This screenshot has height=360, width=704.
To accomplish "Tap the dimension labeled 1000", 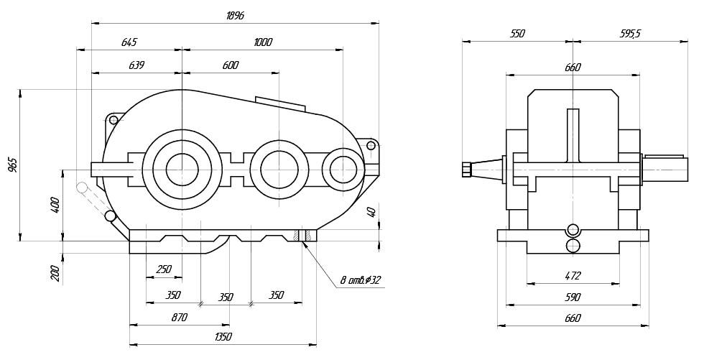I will (263, 42).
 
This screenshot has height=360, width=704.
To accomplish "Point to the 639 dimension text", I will (136, 65).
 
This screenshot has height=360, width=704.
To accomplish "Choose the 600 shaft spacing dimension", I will (231, 65).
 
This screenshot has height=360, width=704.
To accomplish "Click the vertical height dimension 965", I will (13, 165).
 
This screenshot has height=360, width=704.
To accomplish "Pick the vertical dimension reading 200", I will (55, 273).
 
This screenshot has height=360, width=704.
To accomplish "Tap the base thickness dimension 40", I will (371, 212).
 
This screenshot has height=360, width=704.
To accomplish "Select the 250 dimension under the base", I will (163, 269).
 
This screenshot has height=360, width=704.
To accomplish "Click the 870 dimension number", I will (179, 316).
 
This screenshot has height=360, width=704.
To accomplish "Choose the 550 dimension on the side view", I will (517, 34).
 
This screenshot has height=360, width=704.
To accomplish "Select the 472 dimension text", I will (573, 275).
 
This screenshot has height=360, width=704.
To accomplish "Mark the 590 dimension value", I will (573, 297).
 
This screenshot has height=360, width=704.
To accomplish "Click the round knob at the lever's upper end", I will (83, 188).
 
